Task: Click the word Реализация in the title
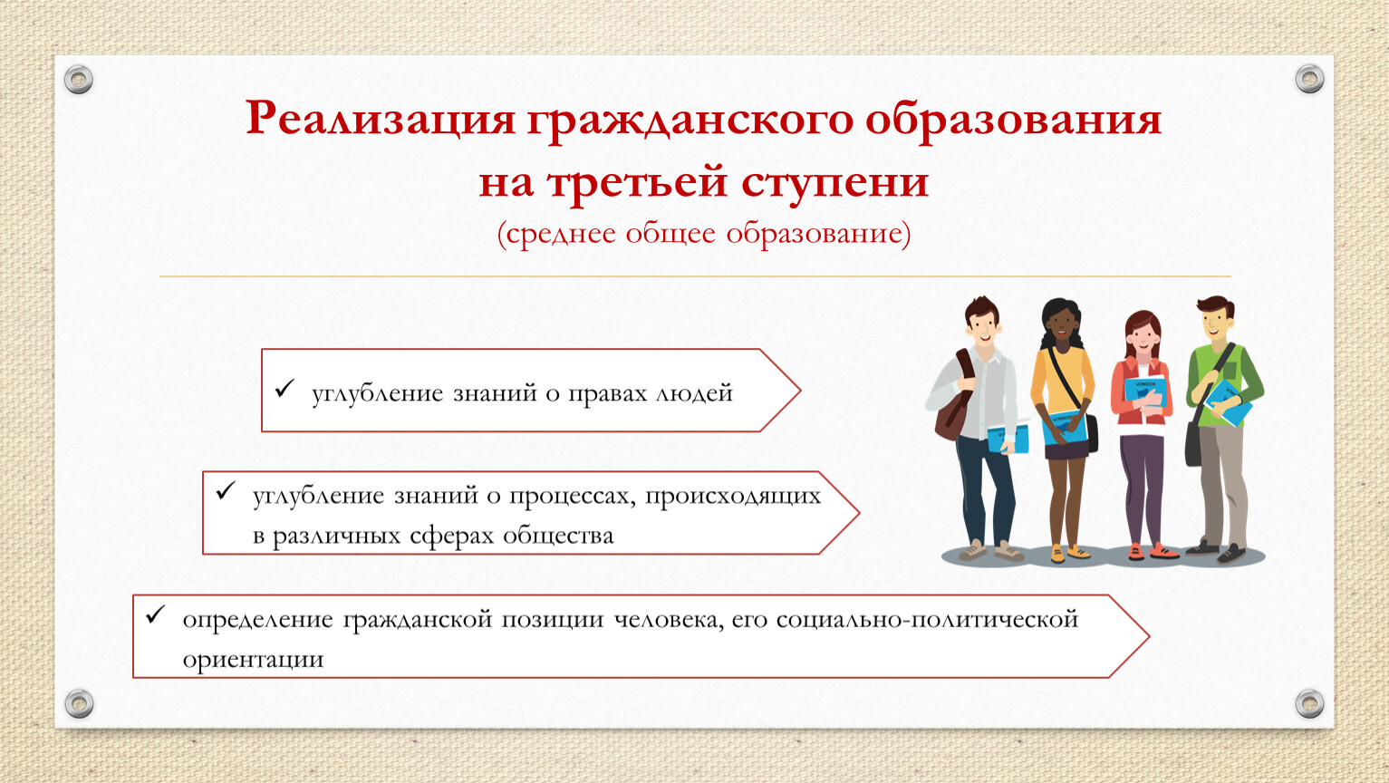click(381, 118)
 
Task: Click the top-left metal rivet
click(78, 80)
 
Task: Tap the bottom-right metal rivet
click(1309, 703)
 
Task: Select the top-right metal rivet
click(1309, 79)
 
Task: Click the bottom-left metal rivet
click(79, 703)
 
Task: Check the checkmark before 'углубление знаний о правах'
click(285, 389)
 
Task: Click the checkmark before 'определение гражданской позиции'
click(155, 614)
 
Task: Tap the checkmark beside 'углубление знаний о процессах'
click(225, 491)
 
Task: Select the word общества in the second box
click(558, 536)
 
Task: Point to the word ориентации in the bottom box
click(253, 660)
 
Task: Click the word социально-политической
click(927, 620)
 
